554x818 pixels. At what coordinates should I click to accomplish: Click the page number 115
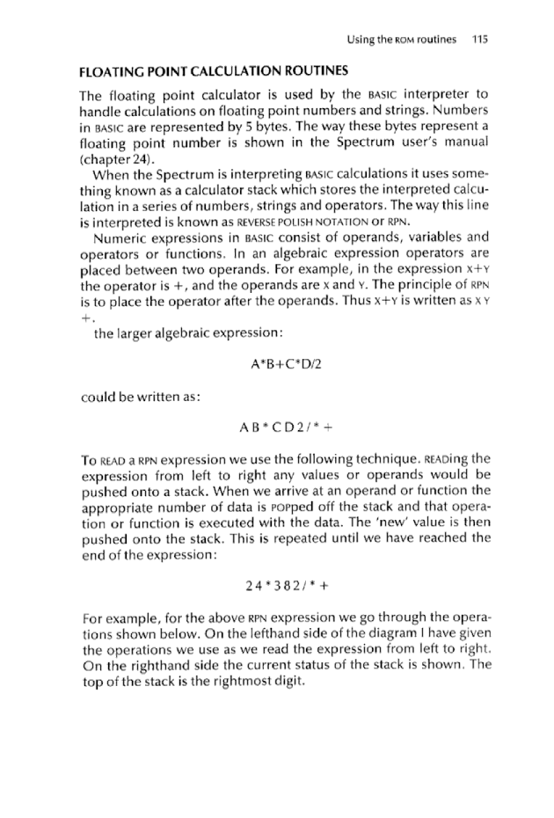tap(479, 40)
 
